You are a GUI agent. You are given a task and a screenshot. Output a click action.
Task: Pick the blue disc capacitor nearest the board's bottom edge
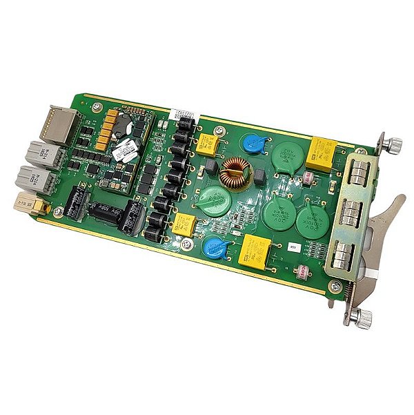click(x=217, y=248)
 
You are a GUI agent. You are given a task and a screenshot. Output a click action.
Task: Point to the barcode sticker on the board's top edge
click(x=182, y=113)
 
